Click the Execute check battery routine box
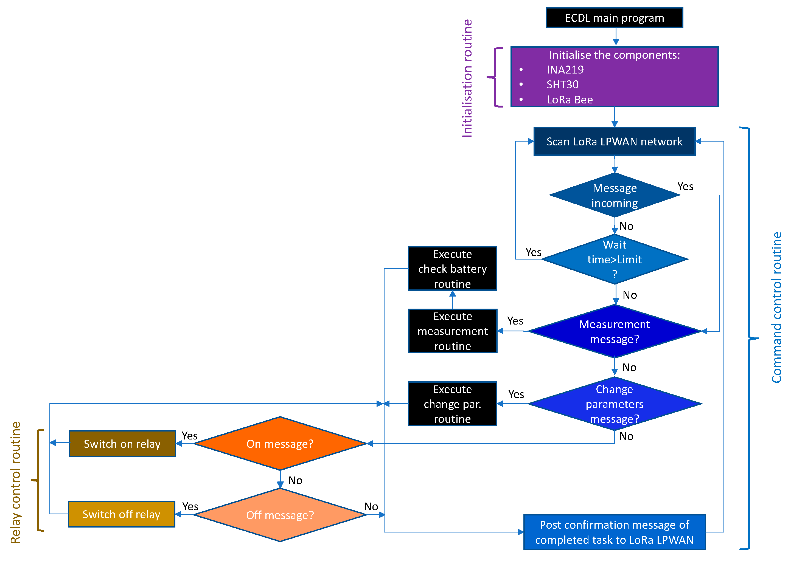point(452,269)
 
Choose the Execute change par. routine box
point(452,404)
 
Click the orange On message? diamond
point(280,444)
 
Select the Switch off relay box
point(121,514)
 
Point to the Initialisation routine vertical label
point(467,78)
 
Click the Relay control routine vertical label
point(16,482)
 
